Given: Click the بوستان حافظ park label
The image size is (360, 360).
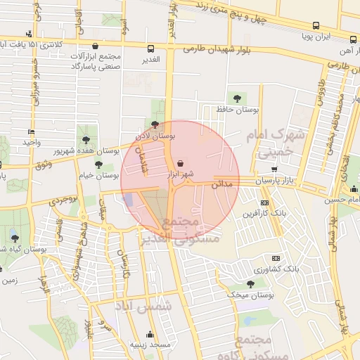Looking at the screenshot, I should (x=238, y=110).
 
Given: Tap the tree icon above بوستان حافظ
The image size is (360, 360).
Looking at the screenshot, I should (x=236, y=98).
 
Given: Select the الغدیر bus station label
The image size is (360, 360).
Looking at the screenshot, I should (x=150, y=60).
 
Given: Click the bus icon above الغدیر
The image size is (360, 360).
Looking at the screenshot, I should (x=151, y=49).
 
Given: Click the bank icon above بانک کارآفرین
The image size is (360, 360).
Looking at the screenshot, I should (x=264, y=203).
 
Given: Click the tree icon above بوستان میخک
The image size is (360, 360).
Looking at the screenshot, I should (x=250, y=283).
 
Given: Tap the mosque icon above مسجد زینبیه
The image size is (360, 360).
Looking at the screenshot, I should (x=149, y=335).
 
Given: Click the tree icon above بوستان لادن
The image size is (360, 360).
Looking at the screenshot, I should (x=155, y=124).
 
